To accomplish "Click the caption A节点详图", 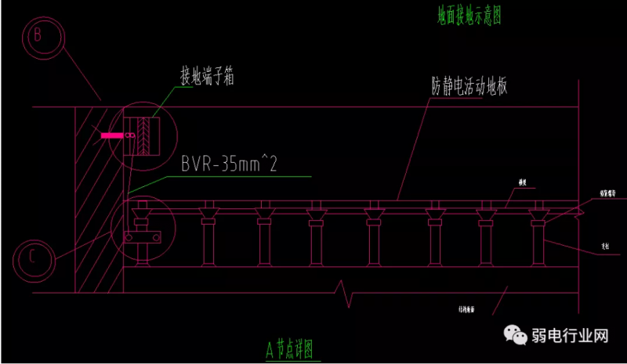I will [294, 345].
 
